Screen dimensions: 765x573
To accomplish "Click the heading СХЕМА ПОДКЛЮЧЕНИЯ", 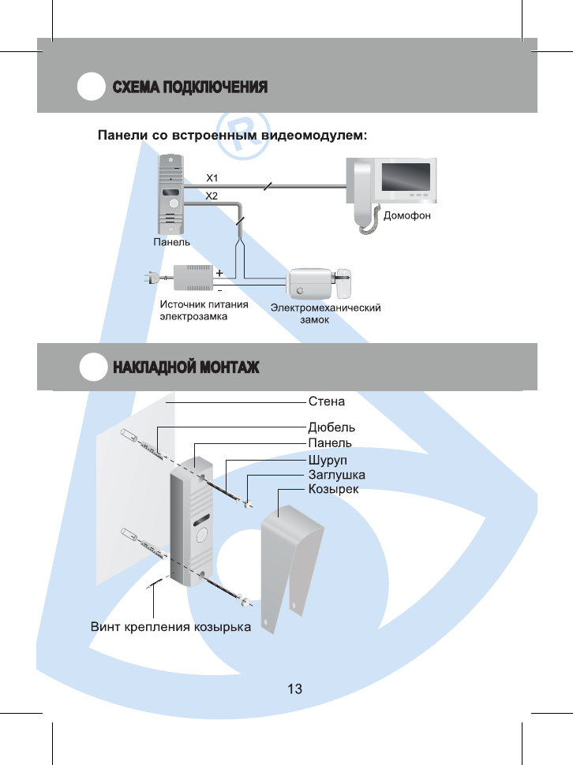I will click(189, 87).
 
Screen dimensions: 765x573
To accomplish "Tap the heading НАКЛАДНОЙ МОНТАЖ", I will click(185, 368).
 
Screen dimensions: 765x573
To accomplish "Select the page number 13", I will click(294, 689).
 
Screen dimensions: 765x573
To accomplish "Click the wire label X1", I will click(212, 177).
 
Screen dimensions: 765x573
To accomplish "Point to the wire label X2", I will click(212, 195).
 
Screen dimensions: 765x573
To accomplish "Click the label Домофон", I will click(407, 215).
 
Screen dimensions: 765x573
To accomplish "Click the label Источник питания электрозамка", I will click(204, 311).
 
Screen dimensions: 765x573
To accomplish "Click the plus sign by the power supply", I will click(219, 271).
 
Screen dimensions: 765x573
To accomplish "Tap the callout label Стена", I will click(326, 401).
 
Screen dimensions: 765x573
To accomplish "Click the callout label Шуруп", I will click(327, 459).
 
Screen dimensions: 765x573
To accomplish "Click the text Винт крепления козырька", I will click(170, 628).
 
